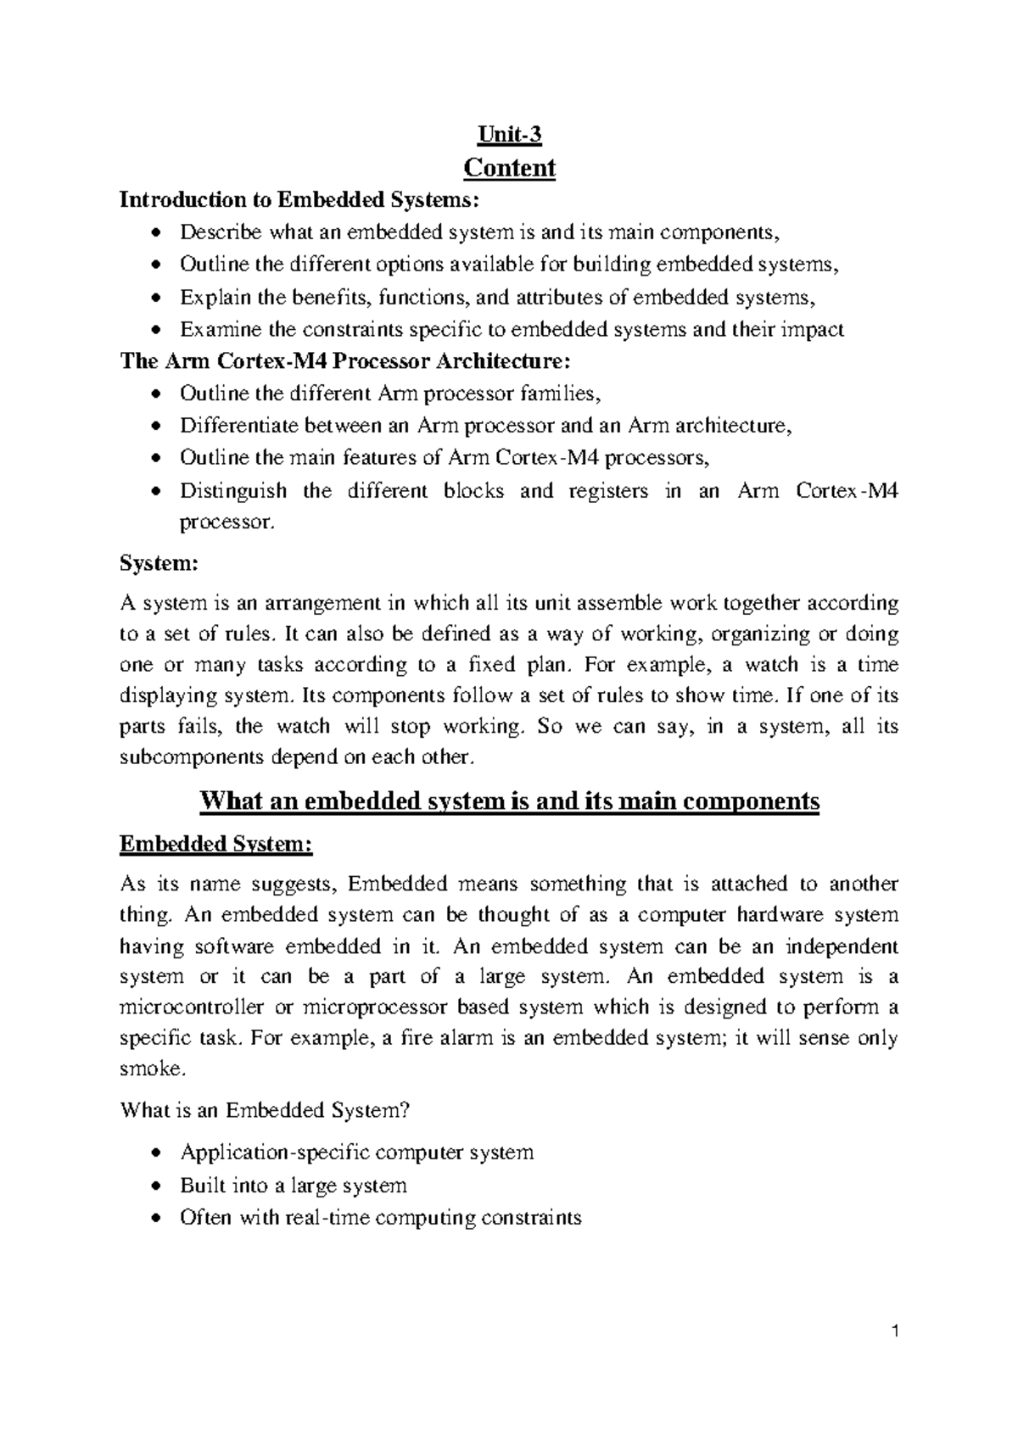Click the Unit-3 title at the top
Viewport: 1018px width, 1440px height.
509,135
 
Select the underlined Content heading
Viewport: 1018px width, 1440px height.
509,168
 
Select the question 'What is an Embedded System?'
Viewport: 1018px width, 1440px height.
271,1110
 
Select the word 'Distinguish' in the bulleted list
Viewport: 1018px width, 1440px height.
233,491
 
